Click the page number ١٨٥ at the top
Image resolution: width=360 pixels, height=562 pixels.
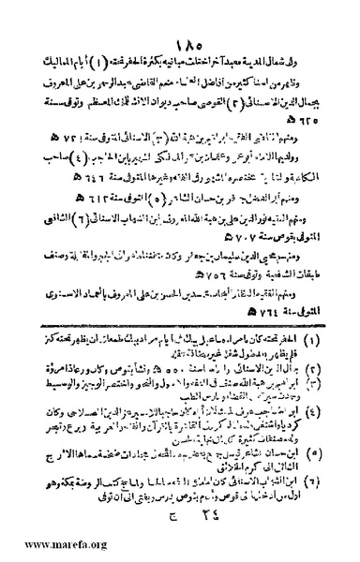(x=181, y=16)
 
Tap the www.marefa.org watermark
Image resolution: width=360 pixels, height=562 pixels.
(x=48, y=544)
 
